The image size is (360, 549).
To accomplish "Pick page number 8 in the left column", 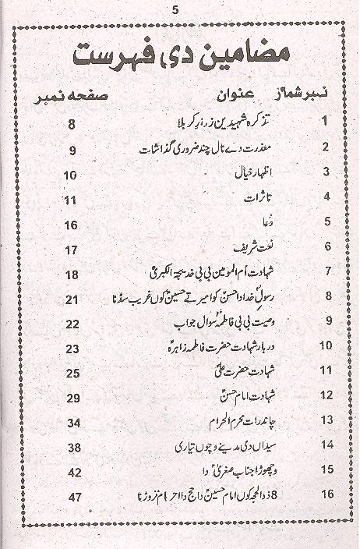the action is point(71,124).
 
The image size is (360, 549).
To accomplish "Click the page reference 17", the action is point(71,250).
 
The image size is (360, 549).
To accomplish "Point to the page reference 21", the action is point(71,299).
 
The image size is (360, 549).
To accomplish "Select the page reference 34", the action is point(71,423).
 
